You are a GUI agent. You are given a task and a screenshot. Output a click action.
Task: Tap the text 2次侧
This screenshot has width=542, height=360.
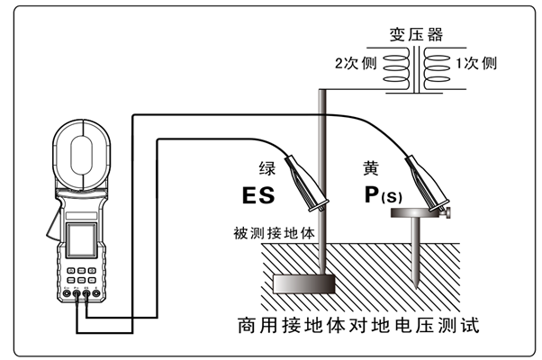tap(355, 64)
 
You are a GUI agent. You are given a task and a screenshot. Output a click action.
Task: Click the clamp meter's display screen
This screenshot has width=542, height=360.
tap(77, 240)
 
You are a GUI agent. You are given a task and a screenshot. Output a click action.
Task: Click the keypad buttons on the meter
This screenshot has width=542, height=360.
tap(79, 274)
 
